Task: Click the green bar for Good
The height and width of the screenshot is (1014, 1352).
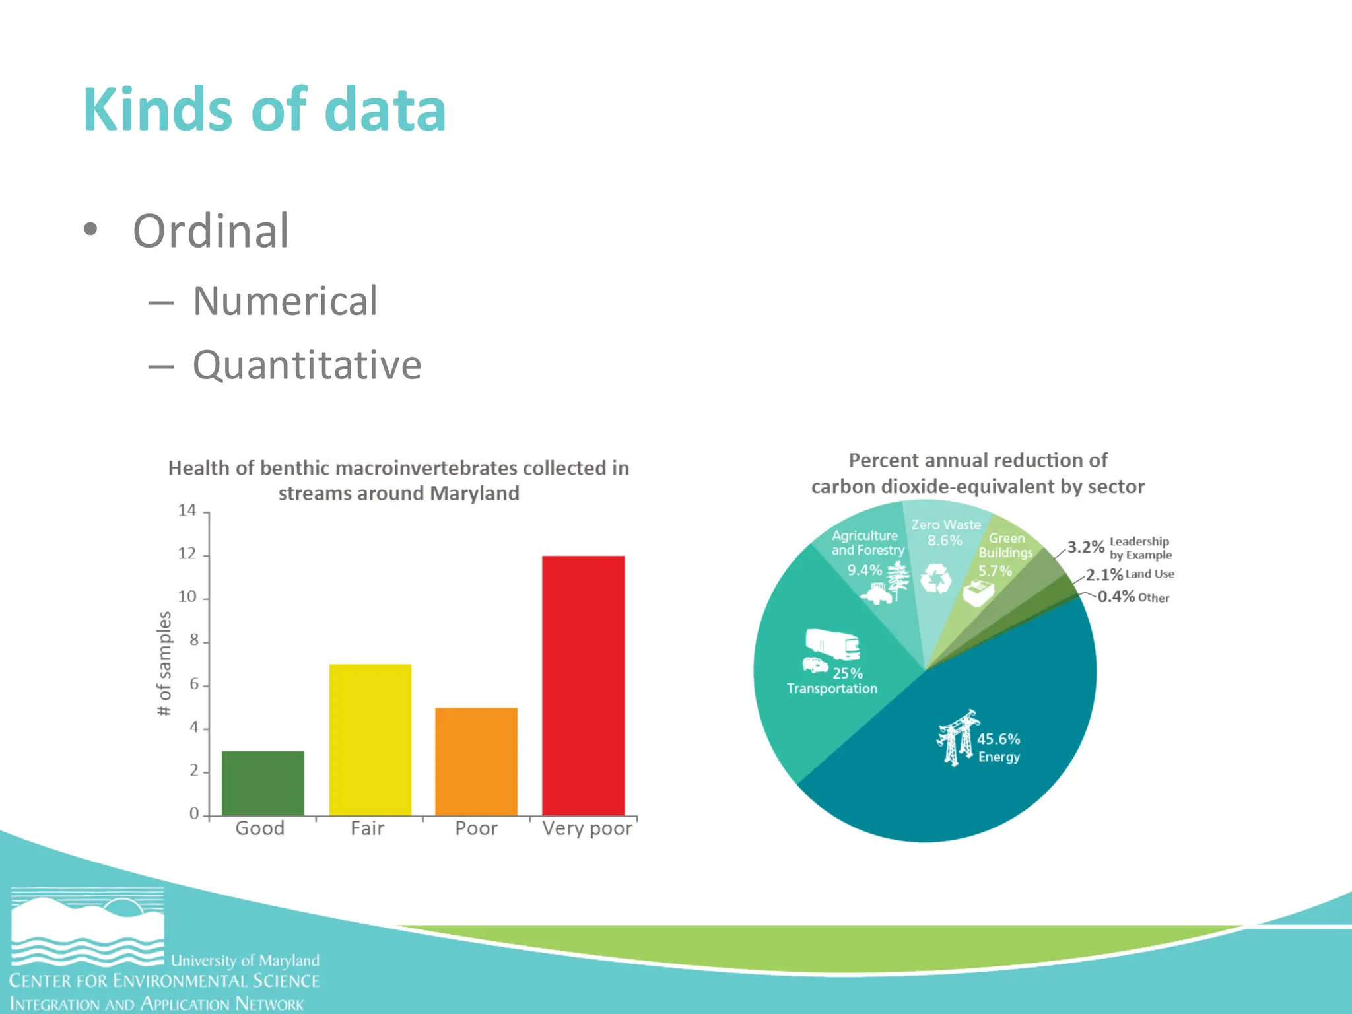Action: click(263, 783)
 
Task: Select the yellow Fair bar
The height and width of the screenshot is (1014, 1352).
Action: click(370, 739)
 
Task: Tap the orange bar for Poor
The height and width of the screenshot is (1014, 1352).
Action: click(476, 761)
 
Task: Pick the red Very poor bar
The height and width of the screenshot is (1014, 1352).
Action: click(583, 685)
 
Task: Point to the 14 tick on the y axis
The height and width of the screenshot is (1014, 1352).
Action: click(187, 510)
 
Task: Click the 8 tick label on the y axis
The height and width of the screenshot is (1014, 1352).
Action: click(194, 640)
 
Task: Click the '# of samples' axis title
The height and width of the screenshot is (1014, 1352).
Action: click(164, 663)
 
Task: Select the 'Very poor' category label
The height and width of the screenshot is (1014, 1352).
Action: click(587, 828)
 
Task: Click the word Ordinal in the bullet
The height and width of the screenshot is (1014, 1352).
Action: click(211, 231)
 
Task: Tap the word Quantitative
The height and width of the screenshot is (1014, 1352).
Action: click(307, 365)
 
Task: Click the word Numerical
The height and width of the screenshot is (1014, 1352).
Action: click(285, 301)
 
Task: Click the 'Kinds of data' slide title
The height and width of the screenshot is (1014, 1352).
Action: click(265, 110)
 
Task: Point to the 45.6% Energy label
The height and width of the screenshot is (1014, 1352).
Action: click(998, 747)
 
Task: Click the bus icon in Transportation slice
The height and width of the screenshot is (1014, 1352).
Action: click(833, 644)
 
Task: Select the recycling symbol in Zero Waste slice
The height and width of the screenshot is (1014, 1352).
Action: click(936, 579)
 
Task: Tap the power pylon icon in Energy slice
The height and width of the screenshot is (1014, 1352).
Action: click(956, 738)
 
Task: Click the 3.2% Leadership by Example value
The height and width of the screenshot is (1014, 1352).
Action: click(1086, 547)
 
